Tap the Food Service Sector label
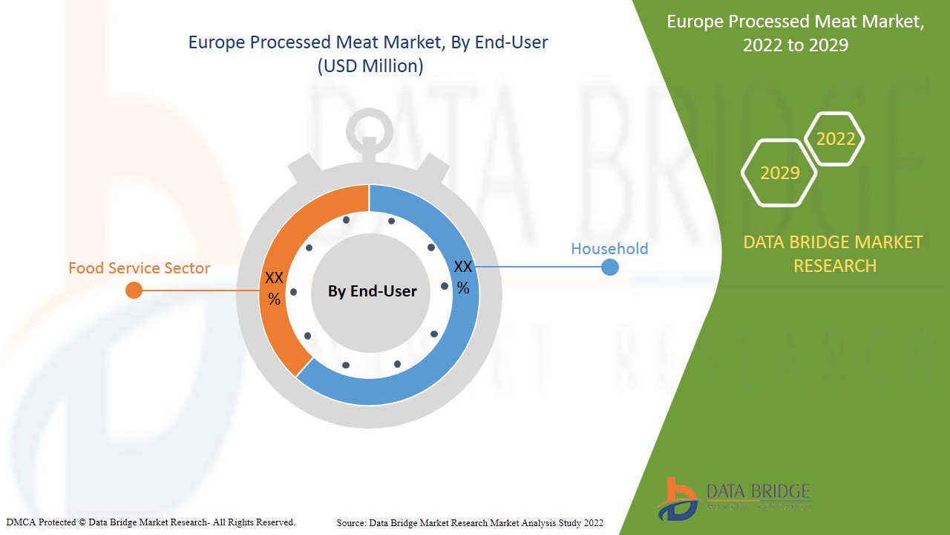[x=140, y=268]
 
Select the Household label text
[x=609, y=249]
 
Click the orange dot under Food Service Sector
[x=134, y=290]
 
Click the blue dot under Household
[x=609, y=267]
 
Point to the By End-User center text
[x=373, y=291]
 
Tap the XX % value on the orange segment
[x=275, y=288]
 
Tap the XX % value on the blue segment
[x=463, y=276]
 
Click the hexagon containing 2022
[x=835, y=139]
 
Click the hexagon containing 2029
[x=779, y=172]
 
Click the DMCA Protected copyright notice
[x=151, y=522]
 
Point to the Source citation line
[x=470, y=523]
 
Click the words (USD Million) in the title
[x=370, y=66]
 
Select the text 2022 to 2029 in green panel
[x=796, y=45]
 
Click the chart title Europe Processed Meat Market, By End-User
[x=368, y=42]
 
